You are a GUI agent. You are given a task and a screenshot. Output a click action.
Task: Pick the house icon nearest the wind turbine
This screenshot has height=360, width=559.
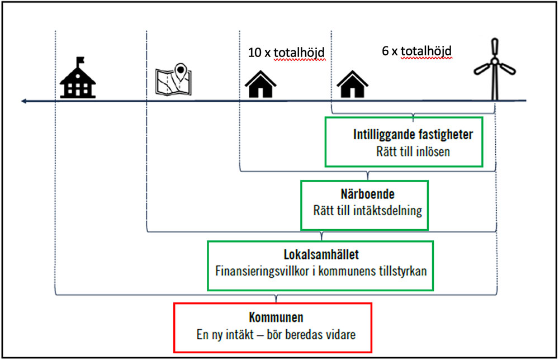coord(352,84)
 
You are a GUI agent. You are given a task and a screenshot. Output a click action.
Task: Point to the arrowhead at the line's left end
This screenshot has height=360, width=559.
coord(22,101)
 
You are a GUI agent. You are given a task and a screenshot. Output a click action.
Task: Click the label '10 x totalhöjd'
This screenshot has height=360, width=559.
coord(286,54)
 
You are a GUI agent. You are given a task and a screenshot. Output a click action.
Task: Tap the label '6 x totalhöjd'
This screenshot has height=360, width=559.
coord(416,51)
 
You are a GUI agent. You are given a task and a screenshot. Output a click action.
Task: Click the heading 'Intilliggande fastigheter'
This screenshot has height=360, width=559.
coord(413,135)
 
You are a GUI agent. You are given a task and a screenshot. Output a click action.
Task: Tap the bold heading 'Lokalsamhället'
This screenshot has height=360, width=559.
coord(321,255)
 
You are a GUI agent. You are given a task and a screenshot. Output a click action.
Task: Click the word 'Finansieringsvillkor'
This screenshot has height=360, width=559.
coord(258,270)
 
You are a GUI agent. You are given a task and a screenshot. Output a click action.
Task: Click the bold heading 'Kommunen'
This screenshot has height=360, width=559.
coord(276,318)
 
